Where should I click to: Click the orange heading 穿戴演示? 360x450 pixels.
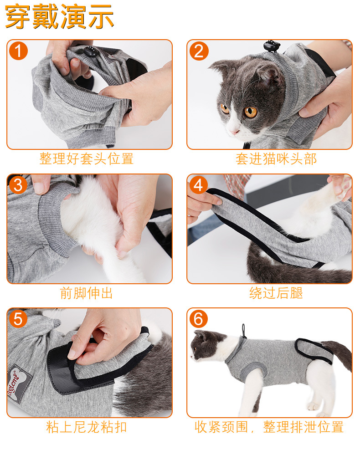point(59,16)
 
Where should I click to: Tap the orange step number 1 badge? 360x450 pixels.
point(18,51)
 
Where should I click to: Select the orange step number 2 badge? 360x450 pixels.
point(199,51)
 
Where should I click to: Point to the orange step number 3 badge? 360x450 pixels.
point(18,185)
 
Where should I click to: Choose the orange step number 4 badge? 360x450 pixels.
point(199,185)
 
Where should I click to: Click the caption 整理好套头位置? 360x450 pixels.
point(87,159)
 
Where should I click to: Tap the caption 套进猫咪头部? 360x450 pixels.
point(276,159)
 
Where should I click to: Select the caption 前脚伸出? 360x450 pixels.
point(87,293)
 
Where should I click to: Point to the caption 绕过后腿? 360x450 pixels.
point(276,293)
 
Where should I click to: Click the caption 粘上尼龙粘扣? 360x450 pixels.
point(87,427)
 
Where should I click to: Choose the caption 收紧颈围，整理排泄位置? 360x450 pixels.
point(269,427)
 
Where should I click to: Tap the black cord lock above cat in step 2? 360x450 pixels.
point(271,46)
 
